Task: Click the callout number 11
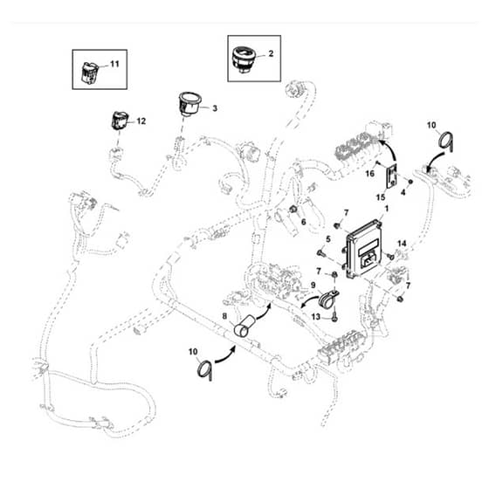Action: pos(114,64)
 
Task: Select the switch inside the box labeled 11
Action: pos(90,72)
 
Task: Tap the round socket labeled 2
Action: pos(244,59)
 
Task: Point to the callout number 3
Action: pos(215,108)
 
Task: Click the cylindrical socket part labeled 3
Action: pos(189,104)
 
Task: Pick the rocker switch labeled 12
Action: pos(120,121)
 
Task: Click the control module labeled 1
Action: pos(363,249)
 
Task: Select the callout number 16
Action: pos(370,174)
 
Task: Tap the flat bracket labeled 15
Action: pos(392,176)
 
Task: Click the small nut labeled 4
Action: pos(410,182)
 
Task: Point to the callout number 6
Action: pos(304,222)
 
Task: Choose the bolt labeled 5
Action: pos(321,253)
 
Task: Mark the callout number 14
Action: pos(402,244)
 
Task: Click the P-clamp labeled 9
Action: pos(327,299)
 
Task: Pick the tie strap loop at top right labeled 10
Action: pos(446,141)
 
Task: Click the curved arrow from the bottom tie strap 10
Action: pos(225,355)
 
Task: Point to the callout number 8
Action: pos(224,316)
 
